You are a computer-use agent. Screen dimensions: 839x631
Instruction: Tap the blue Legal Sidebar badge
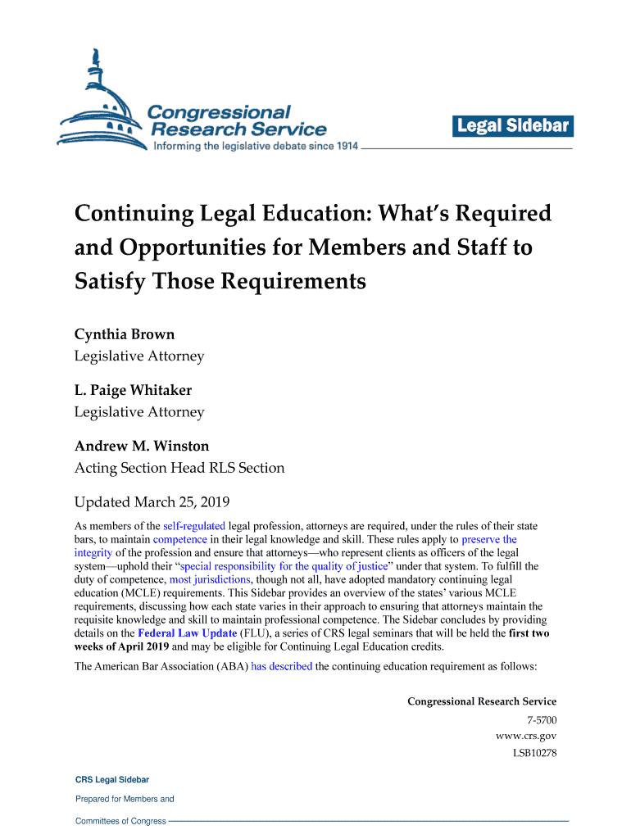pyautogui.click(x=512, y=126)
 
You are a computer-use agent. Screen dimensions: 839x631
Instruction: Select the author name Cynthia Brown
pyautogui.click(x=125, y=334)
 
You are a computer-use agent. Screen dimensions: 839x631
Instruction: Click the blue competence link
pyautogui.click(x=179, y=540)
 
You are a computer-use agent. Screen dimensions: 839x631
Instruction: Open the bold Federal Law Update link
pyautogui.click(x=188, y=633)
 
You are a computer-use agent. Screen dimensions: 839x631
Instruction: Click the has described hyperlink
pyautogui.click(x=281, y=666)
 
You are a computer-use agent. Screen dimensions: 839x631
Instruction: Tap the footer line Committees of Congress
pyautogui.click(x=120, y=821)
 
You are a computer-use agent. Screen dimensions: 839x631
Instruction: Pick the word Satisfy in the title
pyautogui.click(x=111, y=283)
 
